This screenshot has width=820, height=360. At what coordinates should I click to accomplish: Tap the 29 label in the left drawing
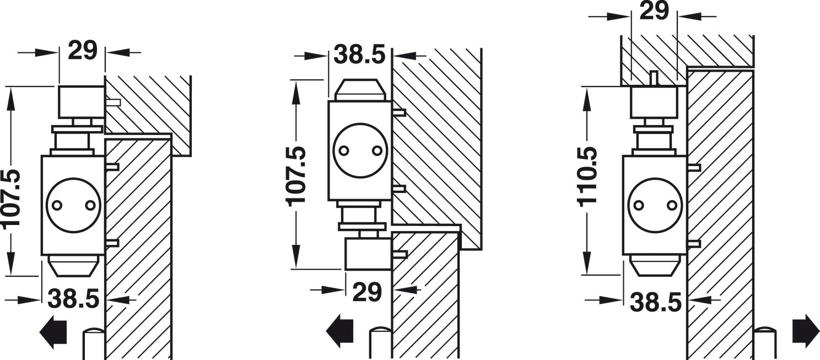tap(83, 50)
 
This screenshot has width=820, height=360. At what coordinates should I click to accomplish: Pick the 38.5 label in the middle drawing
tap(359, 55)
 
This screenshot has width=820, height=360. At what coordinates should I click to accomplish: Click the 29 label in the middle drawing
tap(368, 292)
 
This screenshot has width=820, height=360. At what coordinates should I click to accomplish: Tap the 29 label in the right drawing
tap(654, 11)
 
